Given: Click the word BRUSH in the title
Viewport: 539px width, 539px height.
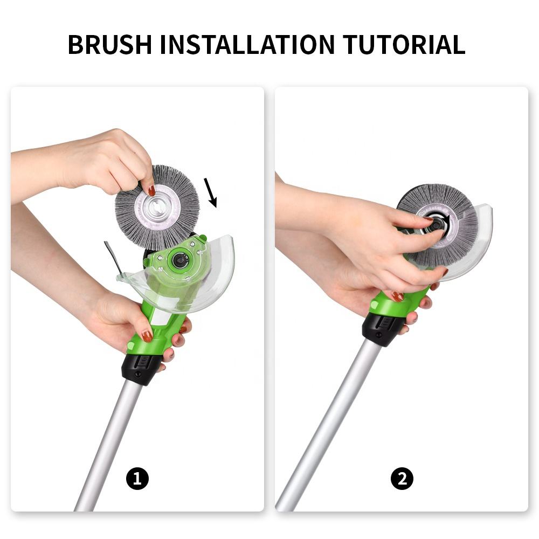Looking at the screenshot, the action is (x=109, y=44).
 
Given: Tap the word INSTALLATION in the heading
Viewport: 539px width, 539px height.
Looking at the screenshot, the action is (x=247, y=44).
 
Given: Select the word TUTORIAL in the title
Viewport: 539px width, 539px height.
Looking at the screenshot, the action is (x=404, y=44).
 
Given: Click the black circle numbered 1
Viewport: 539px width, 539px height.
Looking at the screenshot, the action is (x=137, y=479).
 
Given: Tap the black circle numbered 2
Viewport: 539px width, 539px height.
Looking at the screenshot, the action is (x=402, y=479).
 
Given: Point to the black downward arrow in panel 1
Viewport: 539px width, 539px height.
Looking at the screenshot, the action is (x=210, y=193).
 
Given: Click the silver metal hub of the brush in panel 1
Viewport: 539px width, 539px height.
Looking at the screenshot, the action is (x=157, y=208).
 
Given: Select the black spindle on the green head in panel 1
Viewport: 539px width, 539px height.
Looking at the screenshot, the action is (x=179, y=260).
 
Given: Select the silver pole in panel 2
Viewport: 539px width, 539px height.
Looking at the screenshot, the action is (x=330, y=426).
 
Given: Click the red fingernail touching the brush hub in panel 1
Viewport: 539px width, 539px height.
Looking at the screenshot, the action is (x=151, y=190).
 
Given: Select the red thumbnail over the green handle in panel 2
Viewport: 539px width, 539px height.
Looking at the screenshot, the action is (x=397, y=296).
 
